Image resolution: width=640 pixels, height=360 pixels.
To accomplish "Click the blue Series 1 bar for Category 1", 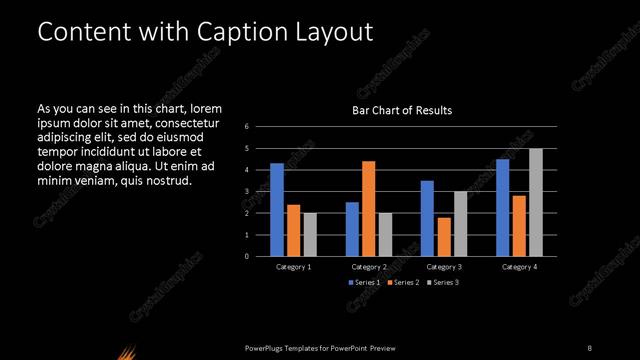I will [x=277, y=209].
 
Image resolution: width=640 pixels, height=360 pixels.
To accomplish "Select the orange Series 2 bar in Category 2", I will [x=369, y=208].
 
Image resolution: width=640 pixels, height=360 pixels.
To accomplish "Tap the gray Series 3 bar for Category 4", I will [x=536, y=202].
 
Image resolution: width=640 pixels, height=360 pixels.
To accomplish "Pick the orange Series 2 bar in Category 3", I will [x=444, y=236].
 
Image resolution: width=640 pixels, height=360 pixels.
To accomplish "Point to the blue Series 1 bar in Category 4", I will [x=502, y=207].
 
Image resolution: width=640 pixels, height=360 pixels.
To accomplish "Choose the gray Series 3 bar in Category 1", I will [x=310, y=234].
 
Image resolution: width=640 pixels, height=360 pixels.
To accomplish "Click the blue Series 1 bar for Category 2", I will [x=352, y=229].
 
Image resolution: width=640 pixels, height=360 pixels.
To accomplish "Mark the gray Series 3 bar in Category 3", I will [x=461, y=223].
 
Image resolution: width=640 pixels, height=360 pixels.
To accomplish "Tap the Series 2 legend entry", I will [x=402, y=283].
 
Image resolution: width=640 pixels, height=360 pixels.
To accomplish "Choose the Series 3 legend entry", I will [x=442, y=283].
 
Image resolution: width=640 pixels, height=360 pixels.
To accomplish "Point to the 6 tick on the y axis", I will [x=246, y=127].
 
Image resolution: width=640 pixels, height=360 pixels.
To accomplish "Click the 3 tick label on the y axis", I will [x=246, y=191].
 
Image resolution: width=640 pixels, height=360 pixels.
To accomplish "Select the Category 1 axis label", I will [x=293, y=267].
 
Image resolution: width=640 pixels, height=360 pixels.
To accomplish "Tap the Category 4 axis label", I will [x=519, y=267].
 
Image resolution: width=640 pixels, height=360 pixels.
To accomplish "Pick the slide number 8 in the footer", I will [x=590, y=347].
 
